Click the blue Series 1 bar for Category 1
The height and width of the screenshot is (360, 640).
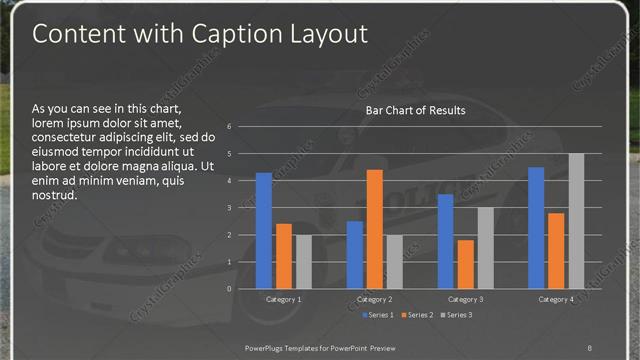pyautogui.click(x=264, y=231)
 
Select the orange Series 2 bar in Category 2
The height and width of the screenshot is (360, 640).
pyautogui.click(x=374, y=229)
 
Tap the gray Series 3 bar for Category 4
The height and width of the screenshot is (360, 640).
pyautogui.click(x=576, y=221)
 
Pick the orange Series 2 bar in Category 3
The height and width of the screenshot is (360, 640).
pyautogui.click(x=465, y=264)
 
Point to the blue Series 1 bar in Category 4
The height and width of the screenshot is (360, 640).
pyautogui.click(x=537, y=228)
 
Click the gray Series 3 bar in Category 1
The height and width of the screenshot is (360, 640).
pyautogui.click(x=303, y=262)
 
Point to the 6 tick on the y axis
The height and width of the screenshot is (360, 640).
pyautogui.click(x=229, y=127)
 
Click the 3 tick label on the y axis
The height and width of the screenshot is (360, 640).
pyautogui.click(x=229, y=208)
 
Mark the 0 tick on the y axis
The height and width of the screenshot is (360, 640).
pyautogui.click(x=229, y=289)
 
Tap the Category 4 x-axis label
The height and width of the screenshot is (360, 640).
pyautogui.click(x=556, y=299)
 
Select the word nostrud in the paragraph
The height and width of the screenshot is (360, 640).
pyautogui.click(x=56, y=195)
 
